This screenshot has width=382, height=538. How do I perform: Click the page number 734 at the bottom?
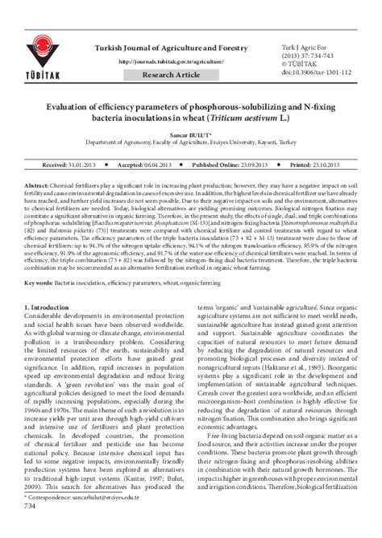31,528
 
